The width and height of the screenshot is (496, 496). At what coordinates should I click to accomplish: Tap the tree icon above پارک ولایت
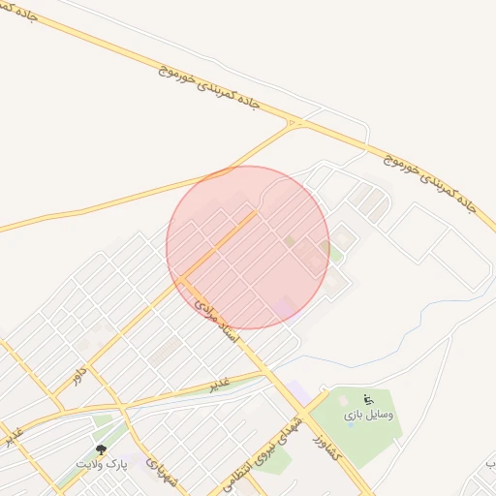tap(102, 449)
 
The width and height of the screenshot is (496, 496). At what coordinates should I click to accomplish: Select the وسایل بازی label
tap(369, 415)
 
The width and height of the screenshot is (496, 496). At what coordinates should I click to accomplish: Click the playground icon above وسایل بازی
tap(368, 399)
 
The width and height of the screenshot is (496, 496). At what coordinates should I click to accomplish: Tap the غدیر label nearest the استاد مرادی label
tap(220, 385)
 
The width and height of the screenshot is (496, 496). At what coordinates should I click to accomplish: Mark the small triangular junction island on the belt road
tap(294, 123)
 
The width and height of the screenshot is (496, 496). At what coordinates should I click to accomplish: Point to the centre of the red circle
tap(248, 247)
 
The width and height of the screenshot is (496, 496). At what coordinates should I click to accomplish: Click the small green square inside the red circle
tap(289, 240)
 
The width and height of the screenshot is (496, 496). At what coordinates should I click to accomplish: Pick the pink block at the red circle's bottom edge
tap(283, 309)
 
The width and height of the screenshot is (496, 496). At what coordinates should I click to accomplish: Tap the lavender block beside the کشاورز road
tap(297, 395)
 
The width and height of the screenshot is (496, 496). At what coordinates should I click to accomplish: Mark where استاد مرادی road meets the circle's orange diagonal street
tap(180, 280)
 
